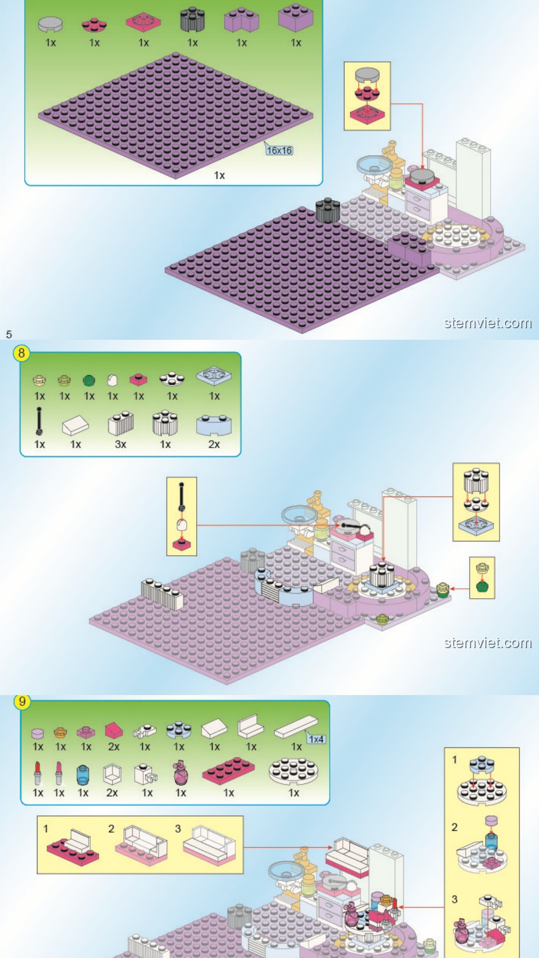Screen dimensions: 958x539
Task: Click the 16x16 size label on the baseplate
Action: [279, 150]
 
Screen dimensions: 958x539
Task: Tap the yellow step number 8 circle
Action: [21, 353]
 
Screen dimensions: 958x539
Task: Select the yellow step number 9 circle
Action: [22, 702]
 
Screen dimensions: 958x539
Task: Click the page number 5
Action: [8, 334]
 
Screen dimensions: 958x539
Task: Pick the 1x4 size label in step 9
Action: [316, 739]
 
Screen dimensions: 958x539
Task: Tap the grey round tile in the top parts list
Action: [50, 23]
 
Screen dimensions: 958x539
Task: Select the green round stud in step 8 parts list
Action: [89, 381]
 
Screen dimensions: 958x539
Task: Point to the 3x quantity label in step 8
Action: [120, 444]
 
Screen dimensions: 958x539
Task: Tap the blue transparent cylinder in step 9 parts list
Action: [83, 775]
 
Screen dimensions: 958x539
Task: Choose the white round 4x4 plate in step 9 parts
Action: [293, 771]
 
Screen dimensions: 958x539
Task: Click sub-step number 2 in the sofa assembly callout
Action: [111, 829]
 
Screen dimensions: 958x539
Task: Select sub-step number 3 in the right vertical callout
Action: [454, 899]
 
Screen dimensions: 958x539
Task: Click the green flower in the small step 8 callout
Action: [482, 586]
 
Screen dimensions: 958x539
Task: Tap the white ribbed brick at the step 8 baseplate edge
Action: [162, 593]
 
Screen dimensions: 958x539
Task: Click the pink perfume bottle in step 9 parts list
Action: [181, 773]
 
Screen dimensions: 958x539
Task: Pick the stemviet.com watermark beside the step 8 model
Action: [488, 643]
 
